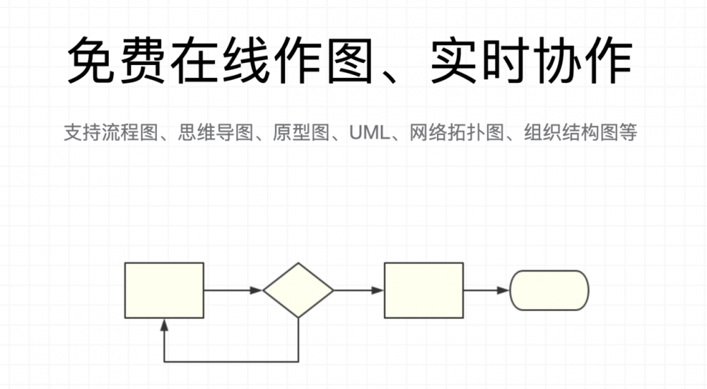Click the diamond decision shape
(x=298, y=290)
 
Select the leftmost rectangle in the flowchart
(x=164, y=290)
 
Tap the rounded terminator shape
(x=549, y=290)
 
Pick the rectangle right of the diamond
(x=423, y=290)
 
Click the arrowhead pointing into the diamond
(x=257, y=290)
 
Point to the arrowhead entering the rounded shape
(x=503, y=290)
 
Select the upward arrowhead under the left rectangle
(x=164, y=325)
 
